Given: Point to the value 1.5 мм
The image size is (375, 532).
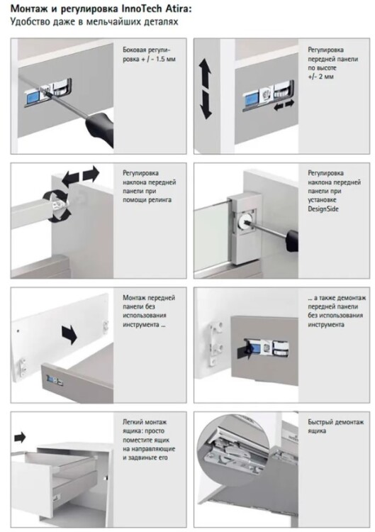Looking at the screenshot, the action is tap(165, 60).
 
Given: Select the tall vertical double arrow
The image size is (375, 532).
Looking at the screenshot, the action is tap(205, 89).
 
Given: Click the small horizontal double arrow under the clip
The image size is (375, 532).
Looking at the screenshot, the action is tap(284, 106).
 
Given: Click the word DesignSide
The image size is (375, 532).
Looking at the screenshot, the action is tap(323, 209).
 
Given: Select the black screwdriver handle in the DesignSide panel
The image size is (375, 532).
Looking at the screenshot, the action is tap(292, 240).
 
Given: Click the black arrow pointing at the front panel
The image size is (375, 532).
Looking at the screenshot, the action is tap(69, 334).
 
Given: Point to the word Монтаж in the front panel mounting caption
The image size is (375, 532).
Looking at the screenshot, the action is tap(134, 297).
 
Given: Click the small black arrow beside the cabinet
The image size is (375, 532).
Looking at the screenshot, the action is tap(20, 437).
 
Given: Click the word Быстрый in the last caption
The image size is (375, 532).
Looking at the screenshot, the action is tap(320, 422).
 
